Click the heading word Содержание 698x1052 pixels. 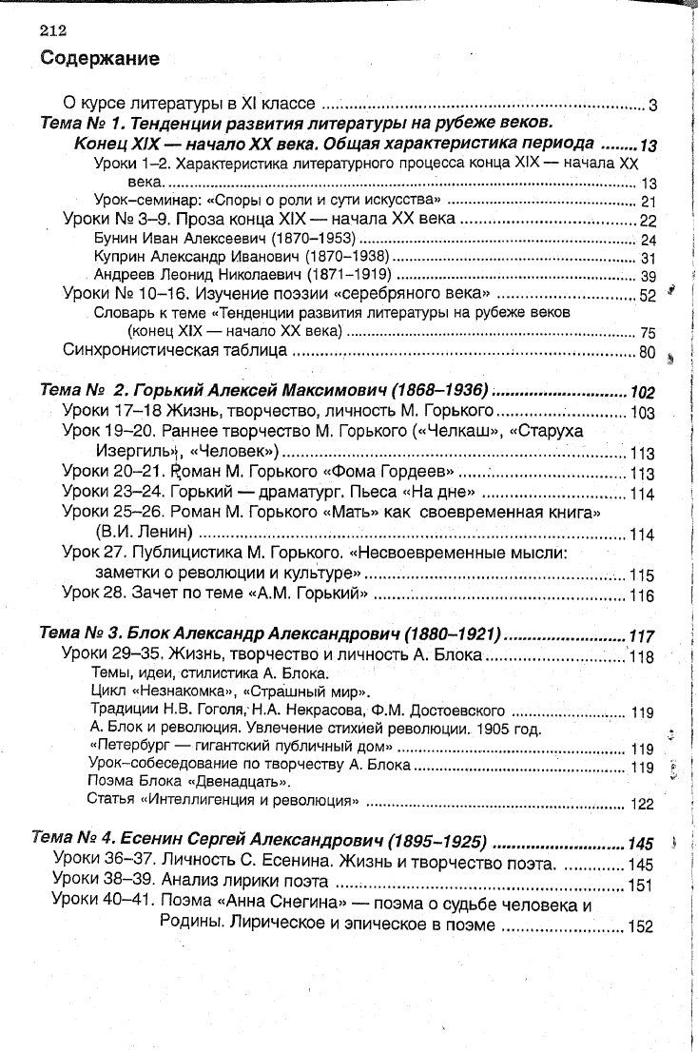(99, 59)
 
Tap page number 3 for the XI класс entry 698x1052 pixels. (653, 105)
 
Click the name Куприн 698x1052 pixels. (123, 257)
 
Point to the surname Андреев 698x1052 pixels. (126, 275)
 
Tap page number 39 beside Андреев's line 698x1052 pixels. (650, 276)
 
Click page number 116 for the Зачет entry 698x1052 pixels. (643, 596)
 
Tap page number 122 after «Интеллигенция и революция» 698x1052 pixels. (643, 804)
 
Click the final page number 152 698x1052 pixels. (641, 927)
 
